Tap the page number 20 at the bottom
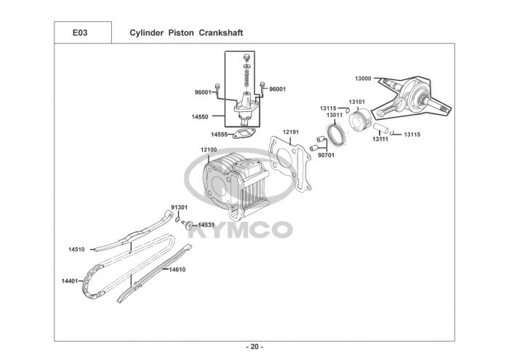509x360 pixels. [254, 345]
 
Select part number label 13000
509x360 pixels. [363, 79]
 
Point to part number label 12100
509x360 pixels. [209, 151]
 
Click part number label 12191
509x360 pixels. [291, 132]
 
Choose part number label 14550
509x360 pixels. [200, 116]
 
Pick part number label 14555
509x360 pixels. [220, 135]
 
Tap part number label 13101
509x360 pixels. [356, 102]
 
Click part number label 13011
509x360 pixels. [335, 115]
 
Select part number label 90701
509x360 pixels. [326, 154]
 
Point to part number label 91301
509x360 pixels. [179, 207]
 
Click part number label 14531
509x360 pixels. [207, 225]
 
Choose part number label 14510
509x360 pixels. [77, 249]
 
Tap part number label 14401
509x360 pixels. [70, 280]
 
